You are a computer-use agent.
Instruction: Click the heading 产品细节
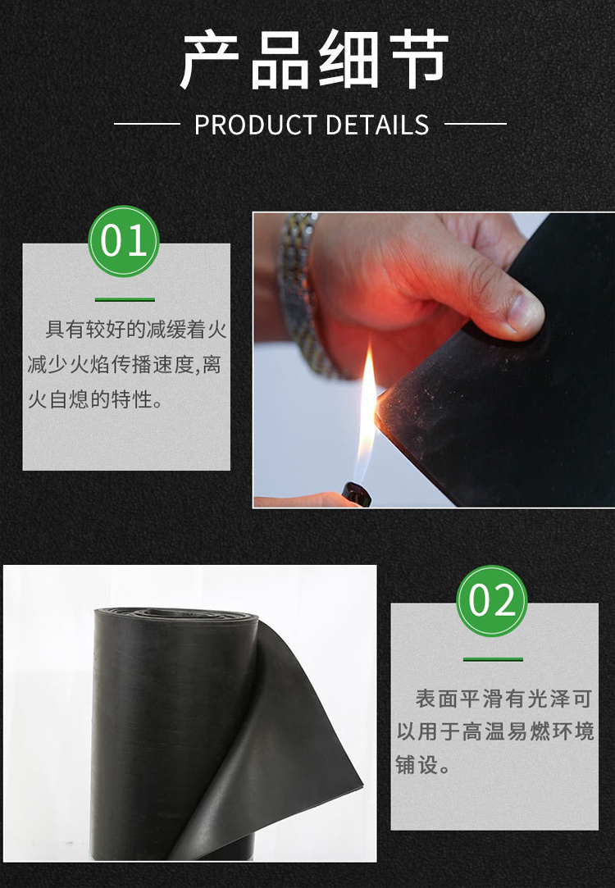click(x=314, y=60)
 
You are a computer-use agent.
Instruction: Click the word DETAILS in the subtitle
click(x=377, y=125)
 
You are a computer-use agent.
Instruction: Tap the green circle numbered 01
click(x=124, y=241)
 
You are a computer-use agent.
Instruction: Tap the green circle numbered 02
click(x=492, y=601)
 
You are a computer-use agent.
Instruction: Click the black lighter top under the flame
click(x=357, y=494)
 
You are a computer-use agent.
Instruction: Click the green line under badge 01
click(x=125, y=299)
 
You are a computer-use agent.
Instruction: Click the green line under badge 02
click(x=493, y=659)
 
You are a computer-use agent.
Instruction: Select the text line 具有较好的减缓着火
click(x=136, y=330)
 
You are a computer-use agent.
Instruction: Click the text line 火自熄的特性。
click(x=95, y=400)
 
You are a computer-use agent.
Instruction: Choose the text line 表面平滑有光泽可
click(x=503, y=699)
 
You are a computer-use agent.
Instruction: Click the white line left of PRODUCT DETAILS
click(x=148, y=124)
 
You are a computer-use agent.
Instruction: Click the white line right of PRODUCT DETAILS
click(x=476, y=124)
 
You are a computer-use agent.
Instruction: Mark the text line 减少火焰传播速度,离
click(x=125, y=365)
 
